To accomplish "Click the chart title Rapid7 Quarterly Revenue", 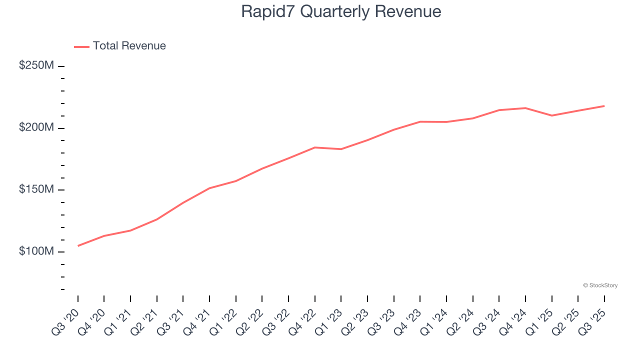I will tap(341, 11).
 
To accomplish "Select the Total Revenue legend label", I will tap(129, 46).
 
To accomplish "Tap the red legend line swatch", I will tap(81, 46).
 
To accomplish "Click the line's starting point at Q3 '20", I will tap(78, 246).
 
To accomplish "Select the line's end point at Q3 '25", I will tap(604, 106).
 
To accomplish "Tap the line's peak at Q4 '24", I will tap(525, 108).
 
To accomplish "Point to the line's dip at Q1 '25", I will tap(552, 115).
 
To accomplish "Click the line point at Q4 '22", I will tap(315, 147).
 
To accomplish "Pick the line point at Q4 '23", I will tap(420, 121).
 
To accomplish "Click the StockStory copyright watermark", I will tap(600, 285).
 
